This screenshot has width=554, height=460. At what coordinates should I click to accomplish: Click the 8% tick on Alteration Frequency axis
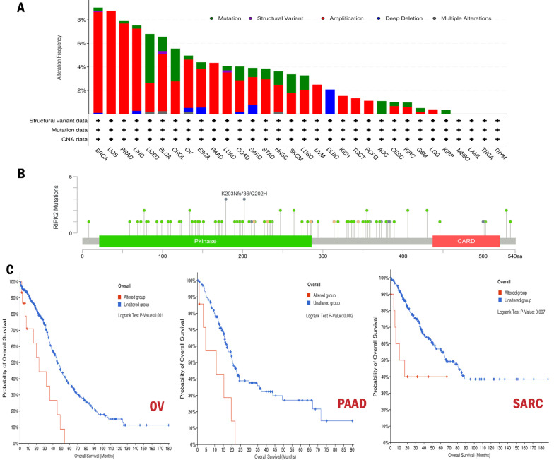click(82, 20)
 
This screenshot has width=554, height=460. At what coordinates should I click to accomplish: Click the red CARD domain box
click(466, 241)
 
